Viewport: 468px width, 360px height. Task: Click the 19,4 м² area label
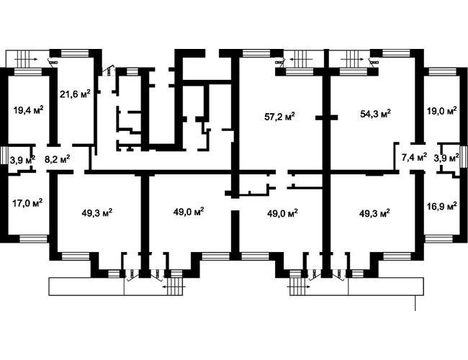28,110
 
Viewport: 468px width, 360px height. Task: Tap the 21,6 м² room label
75,94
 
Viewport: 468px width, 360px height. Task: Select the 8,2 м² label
58,158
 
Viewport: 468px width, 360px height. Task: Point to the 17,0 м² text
27,203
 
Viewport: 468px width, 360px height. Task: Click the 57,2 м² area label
279,116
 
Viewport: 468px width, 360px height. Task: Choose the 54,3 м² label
376,114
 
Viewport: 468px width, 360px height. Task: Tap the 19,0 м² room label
442,111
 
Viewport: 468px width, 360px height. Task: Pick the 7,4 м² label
414,157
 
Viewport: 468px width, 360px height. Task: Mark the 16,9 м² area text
442,206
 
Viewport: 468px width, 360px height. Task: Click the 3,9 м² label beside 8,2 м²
23,159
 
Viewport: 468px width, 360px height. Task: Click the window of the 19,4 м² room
28,72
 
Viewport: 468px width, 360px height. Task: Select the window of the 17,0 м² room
33,238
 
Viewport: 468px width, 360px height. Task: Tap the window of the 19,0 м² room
442,72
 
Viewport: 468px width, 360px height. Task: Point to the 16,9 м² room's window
438,238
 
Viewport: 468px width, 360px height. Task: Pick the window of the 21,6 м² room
75,53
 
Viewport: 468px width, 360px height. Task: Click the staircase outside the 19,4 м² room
23,59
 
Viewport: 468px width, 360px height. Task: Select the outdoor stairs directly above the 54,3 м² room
353,59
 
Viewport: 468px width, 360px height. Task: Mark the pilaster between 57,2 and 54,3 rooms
327,117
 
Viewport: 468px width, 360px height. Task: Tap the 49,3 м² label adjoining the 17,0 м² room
97,213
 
